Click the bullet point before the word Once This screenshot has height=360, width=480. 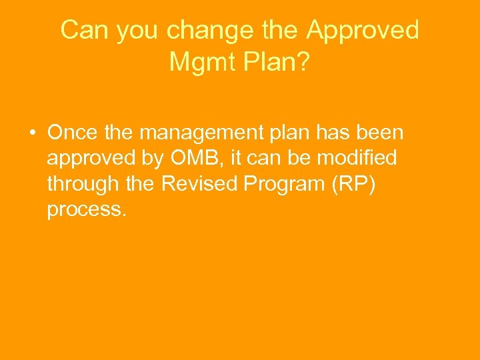click(x=32, y=133)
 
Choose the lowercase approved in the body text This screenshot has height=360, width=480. click(x=91, y=159)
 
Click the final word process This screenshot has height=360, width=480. click(x=86, y=210)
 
